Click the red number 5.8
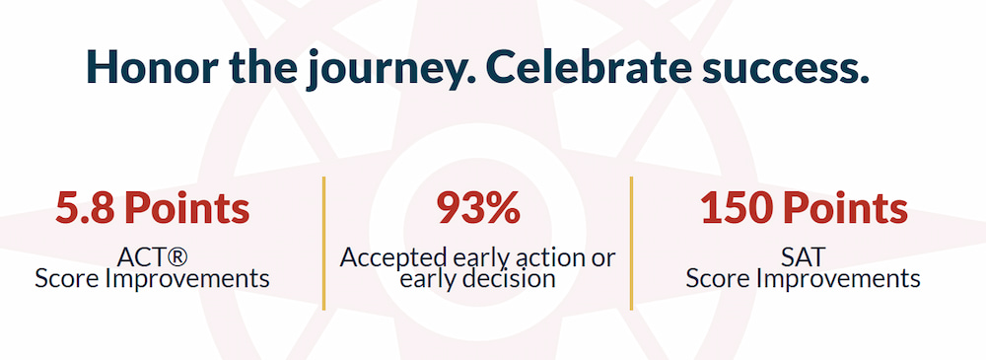85,208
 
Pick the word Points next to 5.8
186,208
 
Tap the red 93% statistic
478,208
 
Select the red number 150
732,208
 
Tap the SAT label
803,257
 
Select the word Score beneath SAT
718,278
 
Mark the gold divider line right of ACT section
323,244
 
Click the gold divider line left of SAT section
631,244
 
